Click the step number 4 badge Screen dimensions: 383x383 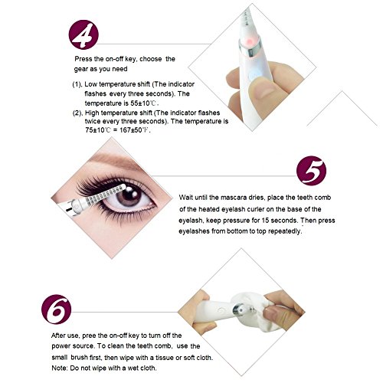click(x=83, y=34)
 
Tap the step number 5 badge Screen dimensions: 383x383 click(x=311, y=171)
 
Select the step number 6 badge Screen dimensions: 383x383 click(x=57, y=309)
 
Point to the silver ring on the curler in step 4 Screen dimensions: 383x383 click(x=250, y=47)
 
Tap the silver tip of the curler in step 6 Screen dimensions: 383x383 click(x=240, y=309)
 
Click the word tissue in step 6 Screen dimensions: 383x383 click(x=165, y=357)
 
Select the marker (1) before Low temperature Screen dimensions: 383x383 click(x=77, y=84)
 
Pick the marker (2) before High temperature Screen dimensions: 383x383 click(x=77, y=113)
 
